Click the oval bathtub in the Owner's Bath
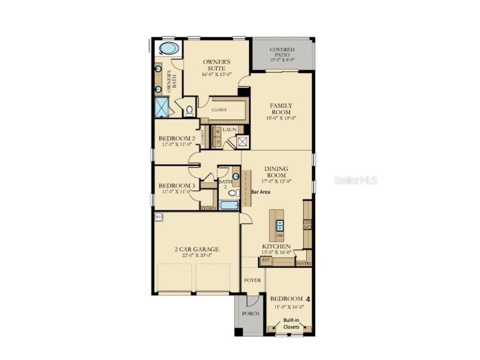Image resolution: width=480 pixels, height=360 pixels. click(169, 48)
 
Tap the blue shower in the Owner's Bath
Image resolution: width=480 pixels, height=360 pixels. click(162, 107)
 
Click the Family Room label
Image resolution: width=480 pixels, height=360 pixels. click(281, 109)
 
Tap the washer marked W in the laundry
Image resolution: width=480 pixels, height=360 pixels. click(218, 132)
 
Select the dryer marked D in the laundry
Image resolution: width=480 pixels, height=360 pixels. click(218, 141)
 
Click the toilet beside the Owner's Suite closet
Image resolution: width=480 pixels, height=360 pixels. click(189, 111)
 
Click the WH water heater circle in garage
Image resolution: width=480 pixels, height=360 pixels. click(158, 217)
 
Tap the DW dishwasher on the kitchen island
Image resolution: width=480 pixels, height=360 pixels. click(280, 235)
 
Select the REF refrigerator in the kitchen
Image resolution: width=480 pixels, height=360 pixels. click(265, 259)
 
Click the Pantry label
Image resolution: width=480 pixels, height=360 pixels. click(304, 263)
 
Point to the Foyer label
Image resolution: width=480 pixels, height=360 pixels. click(253, 280)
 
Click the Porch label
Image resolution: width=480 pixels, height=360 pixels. click(251, 314)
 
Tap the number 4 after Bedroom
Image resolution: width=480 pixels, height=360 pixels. click(308, 299)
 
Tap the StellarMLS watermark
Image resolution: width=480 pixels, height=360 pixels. click(355, 180)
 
